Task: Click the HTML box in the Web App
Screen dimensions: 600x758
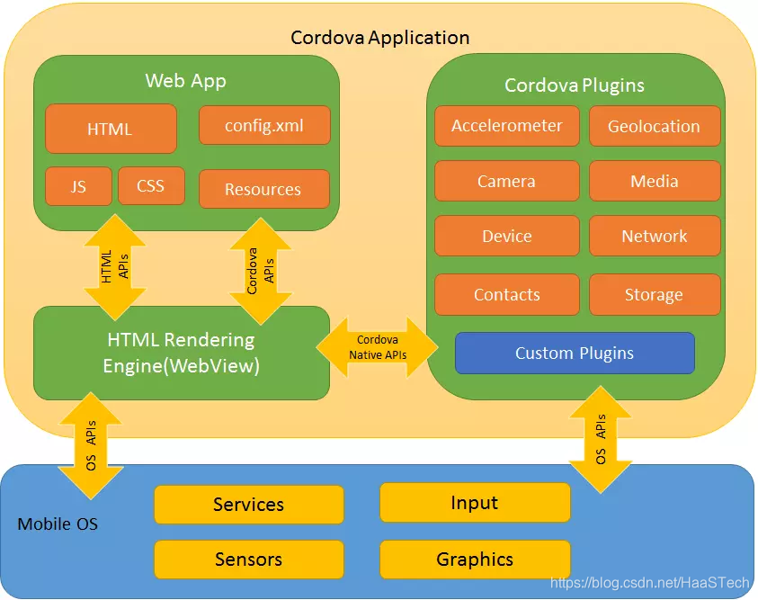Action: pyautogui.click(x=111, y=129)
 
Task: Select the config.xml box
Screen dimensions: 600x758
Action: pyautogui.click(x=264, y=125)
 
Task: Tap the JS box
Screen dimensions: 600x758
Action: pyautogui.click(x=78, y=186)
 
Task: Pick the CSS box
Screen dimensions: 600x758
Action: pyautogui.click(x=151, y=186)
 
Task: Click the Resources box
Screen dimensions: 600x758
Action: pyautogui.click(x=263, y=189)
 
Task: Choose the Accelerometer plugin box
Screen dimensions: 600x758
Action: pyautogui.click(x=507, y=126)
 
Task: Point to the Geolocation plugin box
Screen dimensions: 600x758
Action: pyautogui.click(x=654, y=126)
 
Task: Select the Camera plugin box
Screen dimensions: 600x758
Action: pyautogui.click(x=507, y=181)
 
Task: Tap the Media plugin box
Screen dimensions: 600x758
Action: pyautogui.click(x=654, y=181)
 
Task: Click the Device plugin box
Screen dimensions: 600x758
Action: pyautogui.click(x=507, y=236)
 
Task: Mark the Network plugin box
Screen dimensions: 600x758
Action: pyautogui.click(x=654, y=236)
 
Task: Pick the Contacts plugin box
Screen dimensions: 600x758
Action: pyautogui.click(x=507, y=294)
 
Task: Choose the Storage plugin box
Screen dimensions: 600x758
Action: pyautogui.click(x=654, y=294)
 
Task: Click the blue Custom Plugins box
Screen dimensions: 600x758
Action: pyautogui.click(x=575, y=353)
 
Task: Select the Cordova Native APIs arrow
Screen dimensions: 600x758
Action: pyautogui.click(x=378, y=347)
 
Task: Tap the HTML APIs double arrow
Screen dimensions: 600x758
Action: pyautogui.click(x=115, y=267)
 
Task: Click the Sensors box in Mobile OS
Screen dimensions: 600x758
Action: pyautogui.click(x=249, y=560)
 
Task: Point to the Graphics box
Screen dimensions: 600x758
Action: pyautogui.click(x=475, y=560)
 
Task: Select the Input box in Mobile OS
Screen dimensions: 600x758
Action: pyautogui.click(x=475, y=503)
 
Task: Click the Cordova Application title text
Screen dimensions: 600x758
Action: pyautogui.click(x=379, y=38)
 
